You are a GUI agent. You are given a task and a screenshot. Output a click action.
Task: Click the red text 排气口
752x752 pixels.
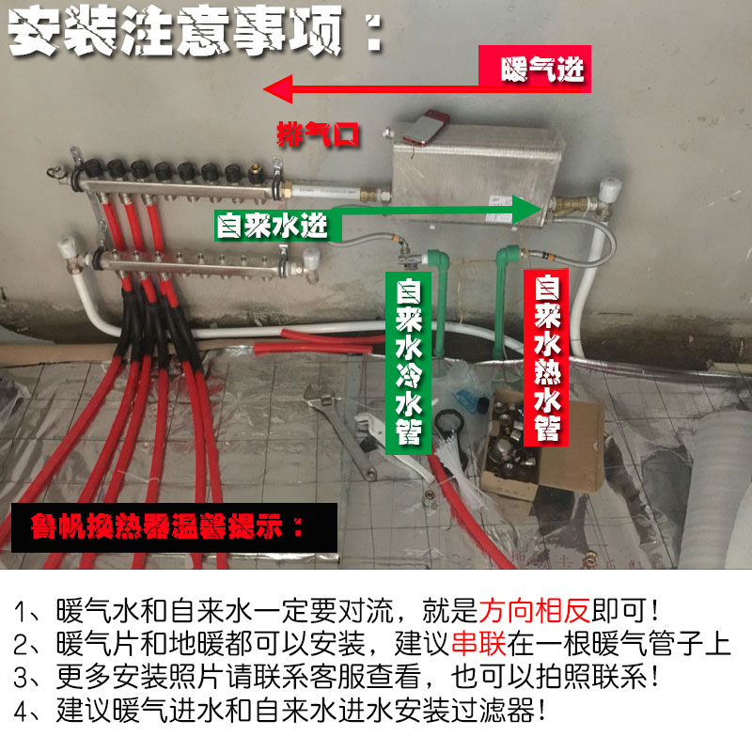(318, 133)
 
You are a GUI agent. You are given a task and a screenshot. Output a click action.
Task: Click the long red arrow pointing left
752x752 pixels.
(376, 91)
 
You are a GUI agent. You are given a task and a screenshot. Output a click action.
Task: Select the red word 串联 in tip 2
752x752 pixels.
(478, 645)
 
